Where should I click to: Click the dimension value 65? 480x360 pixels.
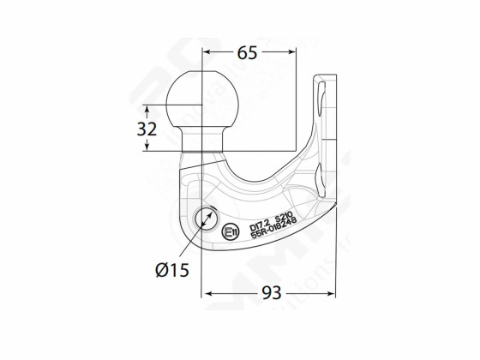point(247,53)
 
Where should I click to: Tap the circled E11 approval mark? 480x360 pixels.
point(230,231)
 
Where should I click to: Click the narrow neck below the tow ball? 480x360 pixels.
point(202,137)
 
